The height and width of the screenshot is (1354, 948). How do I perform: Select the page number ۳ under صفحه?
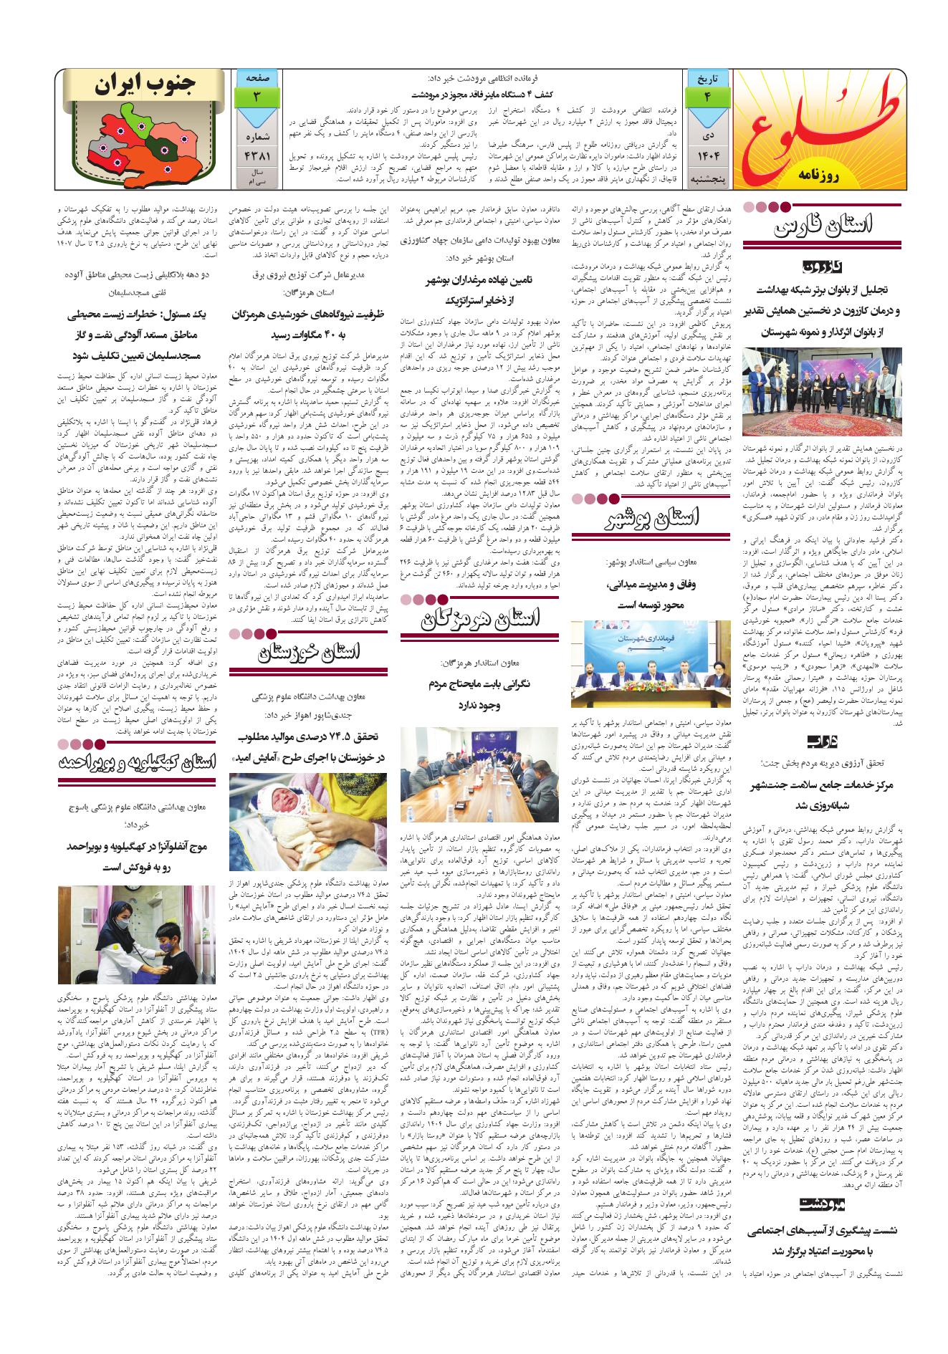[255, 96]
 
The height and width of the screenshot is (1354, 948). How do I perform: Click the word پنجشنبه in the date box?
[707, 177]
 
